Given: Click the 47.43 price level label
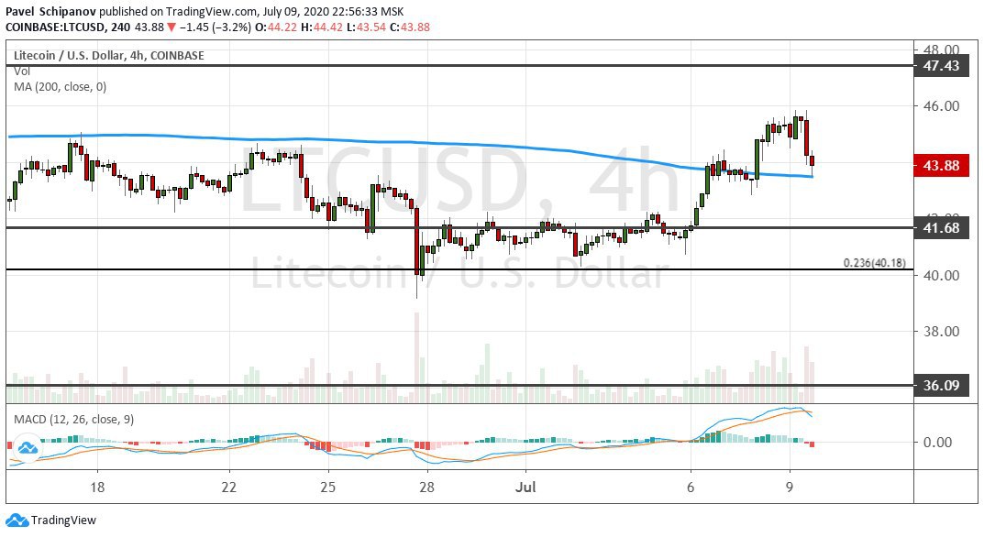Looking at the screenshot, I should click(942, 66).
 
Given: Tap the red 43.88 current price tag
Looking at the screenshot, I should click(942, 165).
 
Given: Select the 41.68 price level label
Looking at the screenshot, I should click(942, 228).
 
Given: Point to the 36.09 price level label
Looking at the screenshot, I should click(942, 386).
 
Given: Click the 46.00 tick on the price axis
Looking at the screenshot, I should click(941, 106).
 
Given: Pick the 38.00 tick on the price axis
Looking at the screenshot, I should click(941, 332).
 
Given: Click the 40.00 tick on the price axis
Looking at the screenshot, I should click(941, 276).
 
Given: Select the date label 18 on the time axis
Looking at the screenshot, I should click(98, 486).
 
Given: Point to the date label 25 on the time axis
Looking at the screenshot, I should click(328, 486).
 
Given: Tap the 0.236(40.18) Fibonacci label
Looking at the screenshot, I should click(874, 263).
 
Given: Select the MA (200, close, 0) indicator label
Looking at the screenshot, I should click(60, 86).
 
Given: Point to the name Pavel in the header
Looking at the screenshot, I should click(25, 9).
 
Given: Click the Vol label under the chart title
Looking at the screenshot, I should click(21, 71).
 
